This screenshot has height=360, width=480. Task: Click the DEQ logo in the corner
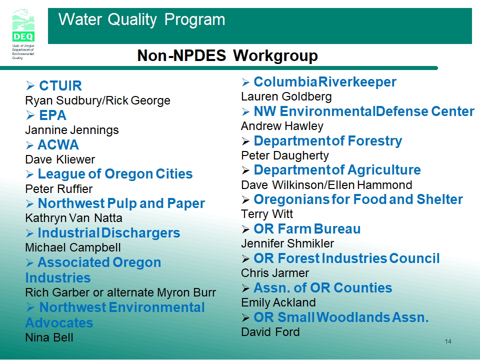(x=23, y=33)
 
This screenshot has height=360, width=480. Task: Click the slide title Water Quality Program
(x=141, y=20)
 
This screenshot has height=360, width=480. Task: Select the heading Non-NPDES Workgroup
(x=227, y=55)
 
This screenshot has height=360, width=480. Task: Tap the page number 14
(x=448, y=341)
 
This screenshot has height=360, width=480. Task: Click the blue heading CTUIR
(x=60, y=85)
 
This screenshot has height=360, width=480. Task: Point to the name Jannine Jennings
(x=72, y=130)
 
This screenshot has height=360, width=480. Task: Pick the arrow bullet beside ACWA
(x=29, y=145)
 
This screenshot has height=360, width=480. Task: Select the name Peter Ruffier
(x=59, y=189)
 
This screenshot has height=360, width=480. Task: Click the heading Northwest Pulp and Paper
(x=121, y=203)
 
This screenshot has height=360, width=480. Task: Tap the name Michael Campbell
(x=73, y=247)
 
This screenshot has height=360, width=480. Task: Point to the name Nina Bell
(x=49, y=337)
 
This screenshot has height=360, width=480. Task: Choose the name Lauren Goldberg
(x=286, y=96)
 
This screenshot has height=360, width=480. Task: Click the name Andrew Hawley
(x=282, y=126)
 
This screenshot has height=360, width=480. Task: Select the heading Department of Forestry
(x=328, y=141)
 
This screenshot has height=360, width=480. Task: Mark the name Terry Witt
(x=267, y=214)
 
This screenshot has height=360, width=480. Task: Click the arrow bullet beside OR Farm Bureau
(x=245, y=229)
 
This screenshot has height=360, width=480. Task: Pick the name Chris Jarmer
(x=275, y=273)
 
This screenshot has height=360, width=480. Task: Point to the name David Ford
(x=270, y=332)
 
